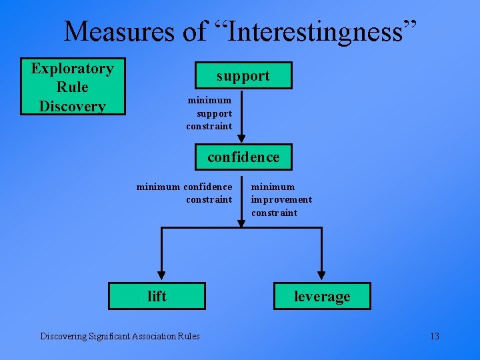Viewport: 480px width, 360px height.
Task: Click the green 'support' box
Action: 243,75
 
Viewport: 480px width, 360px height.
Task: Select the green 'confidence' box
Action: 243,157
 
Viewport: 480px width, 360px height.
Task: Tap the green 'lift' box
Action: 157,296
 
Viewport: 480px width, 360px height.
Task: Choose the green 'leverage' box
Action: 322,296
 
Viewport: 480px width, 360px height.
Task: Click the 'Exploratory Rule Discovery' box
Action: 73,87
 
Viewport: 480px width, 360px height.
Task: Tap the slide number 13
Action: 434,336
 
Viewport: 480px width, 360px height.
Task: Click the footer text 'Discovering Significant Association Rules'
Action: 120,336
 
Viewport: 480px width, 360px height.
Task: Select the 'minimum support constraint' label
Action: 209,113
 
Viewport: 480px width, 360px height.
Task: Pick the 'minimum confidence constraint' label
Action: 185,193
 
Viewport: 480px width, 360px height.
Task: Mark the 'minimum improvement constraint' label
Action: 281,200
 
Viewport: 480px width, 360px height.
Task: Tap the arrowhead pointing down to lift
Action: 161,275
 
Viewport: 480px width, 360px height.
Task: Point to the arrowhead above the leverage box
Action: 322,275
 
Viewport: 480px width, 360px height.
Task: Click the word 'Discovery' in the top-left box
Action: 73,106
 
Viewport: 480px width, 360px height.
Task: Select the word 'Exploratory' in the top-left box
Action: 73,69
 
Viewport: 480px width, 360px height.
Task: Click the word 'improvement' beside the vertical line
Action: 281,200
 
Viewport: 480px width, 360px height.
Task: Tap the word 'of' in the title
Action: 197,31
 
